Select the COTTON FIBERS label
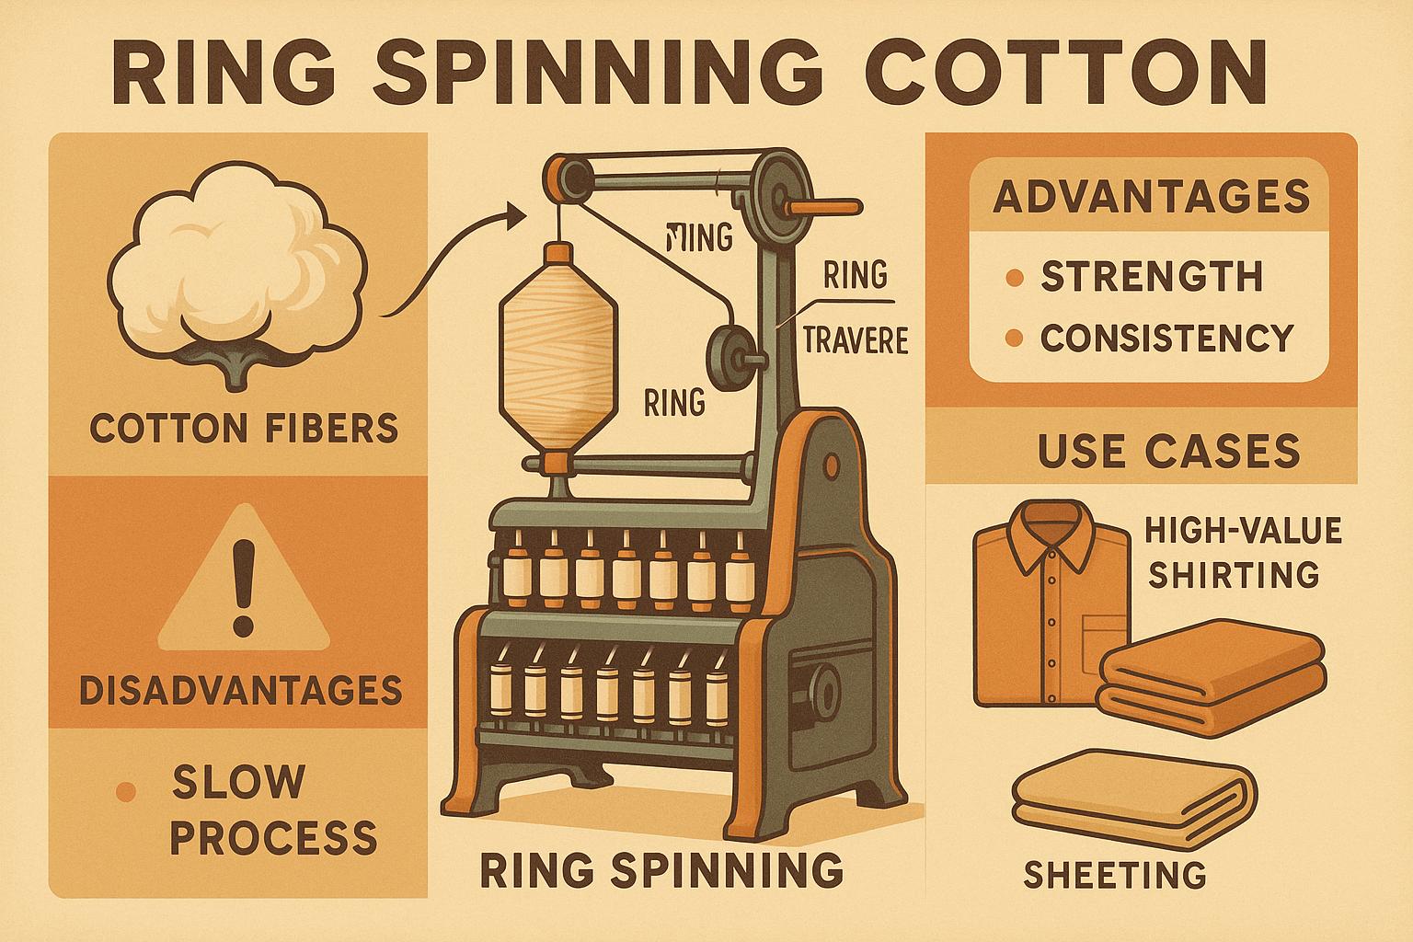click(244, 428)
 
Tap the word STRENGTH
click(1151, 277)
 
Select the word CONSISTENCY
click(1166, 338)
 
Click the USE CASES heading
click(1168, 451)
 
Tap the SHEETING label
click(1114, 875)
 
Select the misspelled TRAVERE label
click(856, 341)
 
